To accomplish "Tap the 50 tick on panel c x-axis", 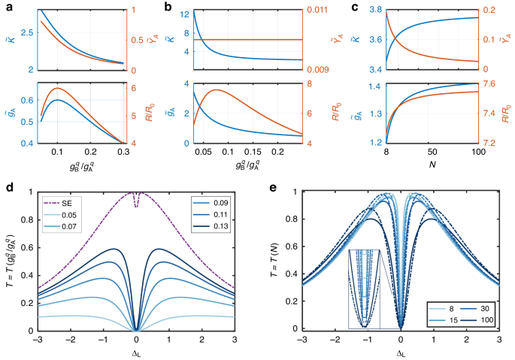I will coord(432,151).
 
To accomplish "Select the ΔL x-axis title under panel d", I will coord(135,352).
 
